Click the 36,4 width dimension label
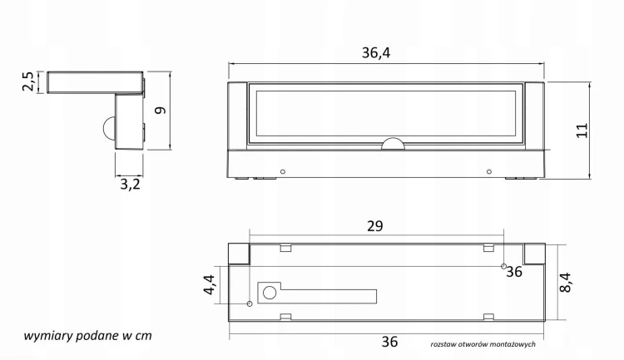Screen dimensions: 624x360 tap(376, 53)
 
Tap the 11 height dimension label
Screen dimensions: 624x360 tap(582, 131)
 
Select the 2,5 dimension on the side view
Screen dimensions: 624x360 tap(28, 81)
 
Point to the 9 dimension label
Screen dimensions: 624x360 tap(160, 111)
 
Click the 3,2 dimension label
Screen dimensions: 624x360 tap(130, 185)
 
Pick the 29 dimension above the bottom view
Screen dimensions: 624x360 tap(375, 226)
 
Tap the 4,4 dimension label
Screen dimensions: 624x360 tap(210, 285)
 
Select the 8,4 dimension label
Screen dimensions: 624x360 tap(565, 282)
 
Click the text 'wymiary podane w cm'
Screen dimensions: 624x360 tap(87, 336)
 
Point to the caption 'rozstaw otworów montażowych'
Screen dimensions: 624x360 tap(483, 344)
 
